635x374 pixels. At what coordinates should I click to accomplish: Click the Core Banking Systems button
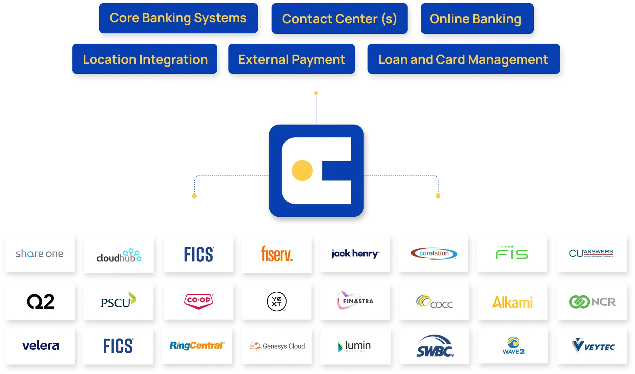click(178, 18)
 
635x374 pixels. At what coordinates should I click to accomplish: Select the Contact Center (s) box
click(339, 19)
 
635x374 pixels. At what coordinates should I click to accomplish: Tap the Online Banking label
click(475, 19)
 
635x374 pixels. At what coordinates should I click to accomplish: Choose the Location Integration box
click(145, 59)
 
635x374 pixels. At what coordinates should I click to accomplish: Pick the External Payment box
click(291, 59)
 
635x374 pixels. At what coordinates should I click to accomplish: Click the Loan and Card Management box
click(463, 59)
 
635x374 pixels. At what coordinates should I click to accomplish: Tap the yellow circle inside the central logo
click(302, 170)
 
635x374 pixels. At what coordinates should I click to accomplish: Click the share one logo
click(40, 254)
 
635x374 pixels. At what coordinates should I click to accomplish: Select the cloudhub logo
click(119, 255)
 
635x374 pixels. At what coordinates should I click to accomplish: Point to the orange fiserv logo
click(277, 254)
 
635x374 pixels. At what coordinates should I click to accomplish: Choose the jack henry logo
click(355, 254)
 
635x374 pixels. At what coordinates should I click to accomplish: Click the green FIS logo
click(512, 253)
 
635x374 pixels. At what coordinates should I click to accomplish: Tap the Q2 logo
click(40, 302)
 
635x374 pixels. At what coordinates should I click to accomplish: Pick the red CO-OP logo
click(199, 301)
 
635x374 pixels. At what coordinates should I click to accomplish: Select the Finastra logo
click(355, 301)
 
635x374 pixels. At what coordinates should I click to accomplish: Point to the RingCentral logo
click(197, 346)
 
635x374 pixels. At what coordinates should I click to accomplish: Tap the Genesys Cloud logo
click(277, 346)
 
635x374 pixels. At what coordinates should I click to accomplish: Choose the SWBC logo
click(435, 346)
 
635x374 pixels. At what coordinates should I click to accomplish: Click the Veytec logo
click(592, 346)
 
